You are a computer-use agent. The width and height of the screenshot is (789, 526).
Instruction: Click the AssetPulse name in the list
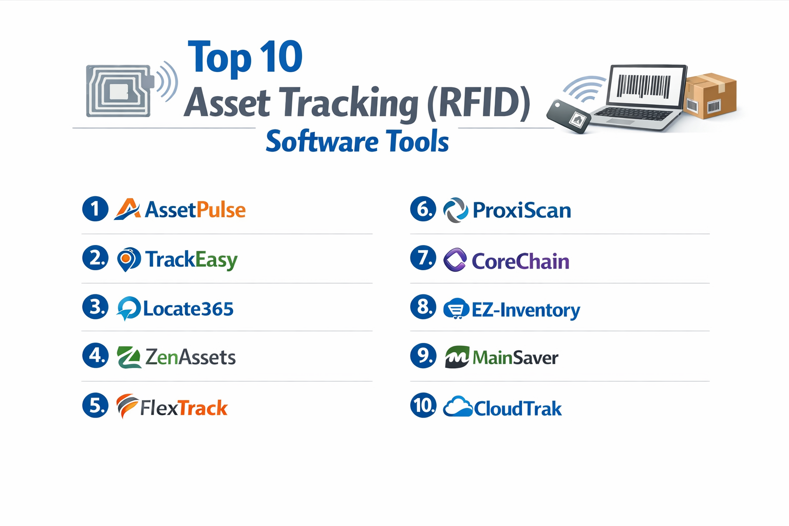195,210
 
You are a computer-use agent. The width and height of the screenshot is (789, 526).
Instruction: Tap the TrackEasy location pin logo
128,259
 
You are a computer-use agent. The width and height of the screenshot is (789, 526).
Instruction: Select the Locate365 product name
188,309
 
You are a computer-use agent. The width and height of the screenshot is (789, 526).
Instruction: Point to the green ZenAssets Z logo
129,357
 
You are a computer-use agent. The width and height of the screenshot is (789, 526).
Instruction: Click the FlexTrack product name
184,408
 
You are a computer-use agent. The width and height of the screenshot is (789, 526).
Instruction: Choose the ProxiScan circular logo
455,210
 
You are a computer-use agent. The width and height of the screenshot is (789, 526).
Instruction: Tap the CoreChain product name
520,261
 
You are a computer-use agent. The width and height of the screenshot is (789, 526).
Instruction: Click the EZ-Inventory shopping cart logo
456,309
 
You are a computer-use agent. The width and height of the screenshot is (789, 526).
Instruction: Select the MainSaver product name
515,358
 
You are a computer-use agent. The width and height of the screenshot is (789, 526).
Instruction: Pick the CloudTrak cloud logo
457,407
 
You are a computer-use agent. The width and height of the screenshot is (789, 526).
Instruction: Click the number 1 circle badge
95,209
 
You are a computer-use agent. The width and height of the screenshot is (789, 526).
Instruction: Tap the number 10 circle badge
423,405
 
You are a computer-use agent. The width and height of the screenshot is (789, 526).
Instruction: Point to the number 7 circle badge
423,258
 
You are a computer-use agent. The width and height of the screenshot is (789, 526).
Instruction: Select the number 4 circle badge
95,355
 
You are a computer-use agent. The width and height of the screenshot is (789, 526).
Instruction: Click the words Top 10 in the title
245,58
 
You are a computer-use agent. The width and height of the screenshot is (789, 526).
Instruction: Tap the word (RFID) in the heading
478,103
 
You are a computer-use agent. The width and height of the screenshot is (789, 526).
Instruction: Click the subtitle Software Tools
357,142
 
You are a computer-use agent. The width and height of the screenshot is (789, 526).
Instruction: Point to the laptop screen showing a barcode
645,85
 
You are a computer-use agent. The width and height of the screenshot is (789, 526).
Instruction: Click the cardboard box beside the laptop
711,96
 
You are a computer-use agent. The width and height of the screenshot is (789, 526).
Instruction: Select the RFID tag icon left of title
120,91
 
